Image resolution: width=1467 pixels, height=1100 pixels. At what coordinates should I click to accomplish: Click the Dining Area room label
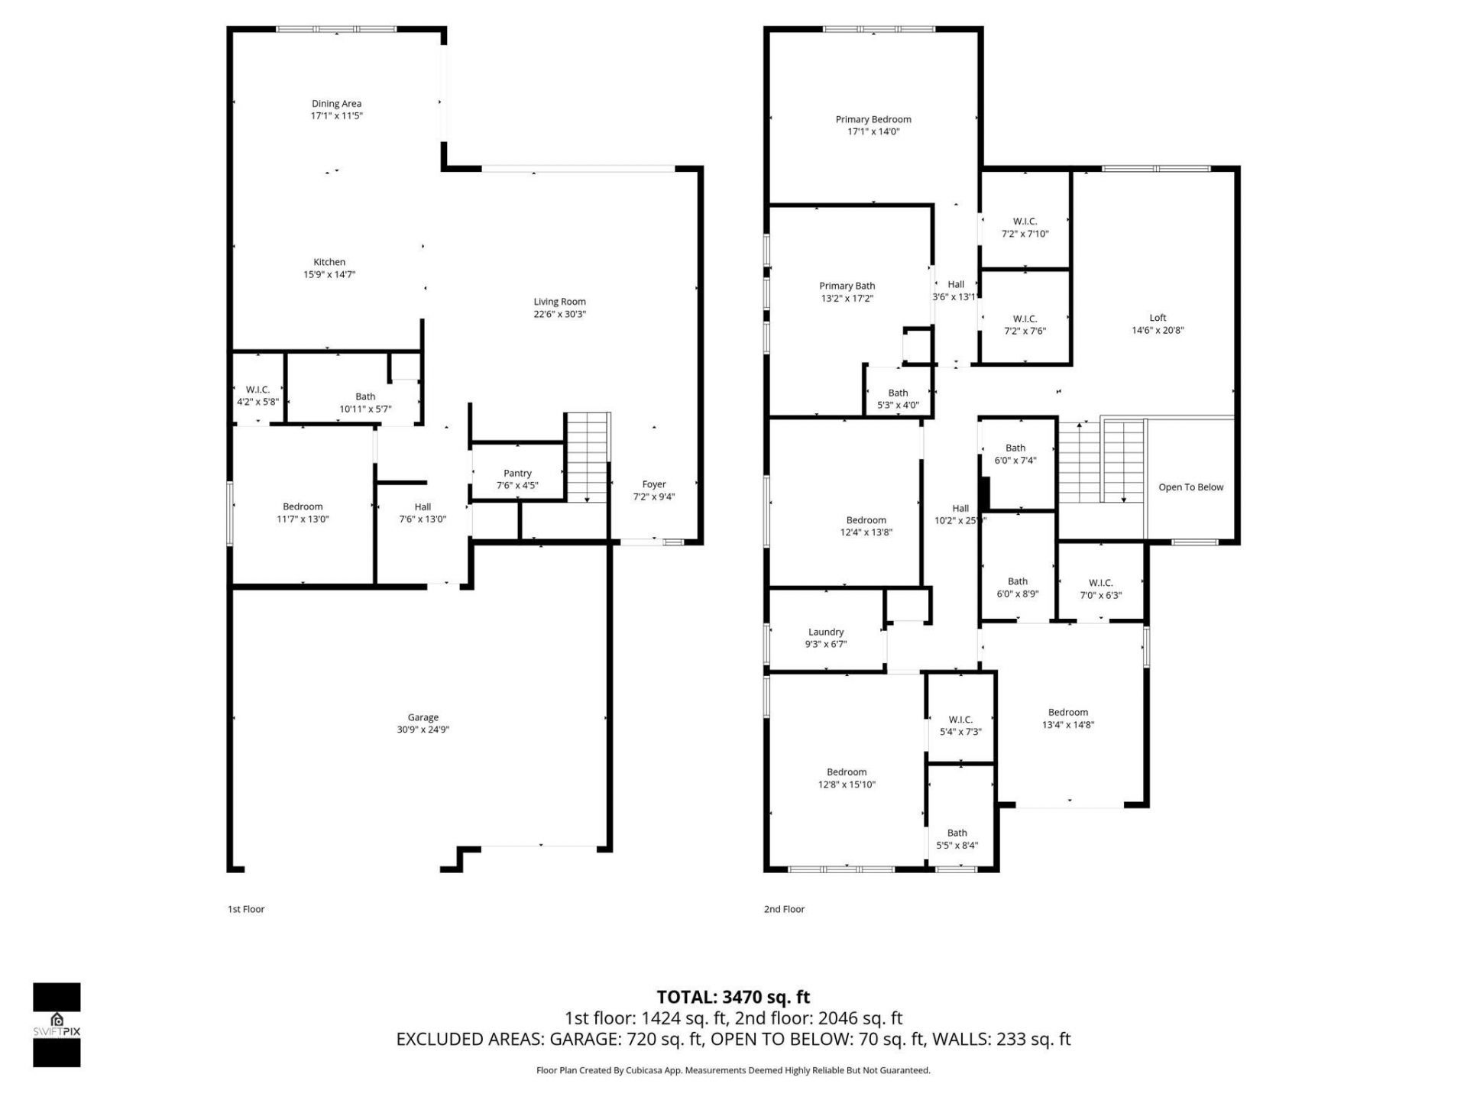[336, 104]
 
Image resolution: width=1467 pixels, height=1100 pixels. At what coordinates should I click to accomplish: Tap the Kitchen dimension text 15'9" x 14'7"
[329, 275]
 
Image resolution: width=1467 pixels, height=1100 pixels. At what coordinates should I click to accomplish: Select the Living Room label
[559, 302]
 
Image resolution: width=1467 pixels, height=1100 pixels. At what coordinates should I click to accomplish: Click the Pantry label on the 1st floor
[517, 474]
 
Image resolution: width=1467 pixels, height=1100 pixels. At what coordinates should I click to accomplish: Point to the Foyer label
[654, 484]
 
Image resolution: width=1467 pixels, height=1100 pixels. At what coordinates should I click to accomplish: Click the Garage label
[423, 717]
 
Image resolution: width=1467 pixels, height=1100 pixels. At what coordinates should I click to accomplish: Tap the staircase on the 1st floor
[587, 457]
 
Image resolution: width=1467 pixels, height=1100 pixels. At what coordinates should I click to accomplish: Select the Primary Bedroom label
[873, 119]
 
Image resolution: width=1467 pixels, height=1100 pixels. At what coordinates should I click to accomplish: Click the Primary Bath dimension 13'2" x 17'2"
[847, 299]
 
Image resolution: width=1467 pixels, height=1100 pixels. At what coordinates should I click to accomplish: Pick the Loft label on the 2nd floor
[1158, 318]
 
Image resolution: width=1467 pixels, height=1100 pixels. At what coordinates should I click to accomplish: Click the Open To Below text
[1190, 487]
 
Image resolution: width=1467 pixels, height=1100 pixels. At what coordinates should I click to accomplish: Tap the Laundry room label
[826, 632]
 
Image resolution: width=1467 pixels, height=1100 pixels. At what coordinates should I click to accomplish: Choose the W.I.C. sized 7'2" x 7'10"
[1025, 228]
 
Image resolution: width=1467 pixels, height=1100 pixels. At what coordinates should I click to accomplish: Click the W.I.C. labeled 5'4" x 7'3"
[960, 726]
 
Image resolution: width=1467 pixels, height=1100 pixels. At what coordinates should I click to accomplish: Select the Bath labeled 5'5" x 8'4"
[957, 840]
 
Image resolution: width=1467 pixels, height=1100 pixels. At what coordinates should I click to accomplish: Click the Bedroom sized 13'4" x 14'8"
[1068, 718]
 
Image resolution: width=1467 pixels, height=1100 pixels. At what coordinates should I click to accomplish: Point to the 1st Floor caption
[246, 909]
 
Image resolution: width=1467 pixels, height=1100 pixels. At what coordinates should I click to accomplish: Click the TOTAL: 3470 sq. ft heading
[733, 997]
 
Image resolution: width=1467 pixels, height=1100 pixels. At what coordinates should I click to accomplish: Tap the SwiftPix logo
[57, 1024]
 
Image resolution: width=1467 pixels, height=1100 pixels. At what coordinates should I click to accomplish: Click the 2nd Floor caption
[784, 909]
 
